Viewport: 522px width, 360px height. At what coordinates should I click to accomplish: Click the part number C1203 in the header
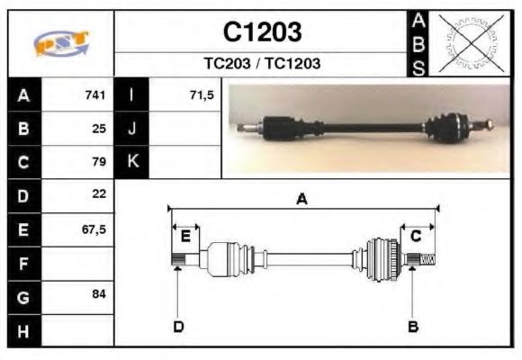(x=262, y=31)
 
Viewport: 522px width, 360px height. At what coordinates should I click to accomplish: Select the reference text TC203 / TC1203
(x=262, y=64)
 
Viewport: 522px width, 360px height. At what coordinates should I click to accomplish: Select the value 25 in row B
(x=99, y=129)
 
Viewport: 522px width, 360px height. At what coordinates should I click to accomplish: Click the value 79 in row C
(x=99, y=162)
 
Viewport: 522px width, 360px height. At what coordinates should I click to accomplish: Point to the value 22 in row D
(x=99, y=194)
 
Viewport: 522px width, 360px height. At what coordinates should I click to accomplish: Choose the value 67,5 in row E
(x=94, y=229)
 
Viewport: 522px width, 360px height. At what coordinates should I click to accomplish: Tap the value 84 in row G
(x=99, y=294)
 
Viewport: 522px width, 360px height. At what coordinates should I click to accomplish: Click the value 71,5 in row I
(x=202, y=95)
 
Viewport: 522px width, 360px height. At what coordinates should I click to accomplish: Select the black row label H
(x=24, y=329)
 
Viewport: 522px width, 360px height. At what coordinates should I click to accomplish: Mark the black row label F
(x=24, y=262)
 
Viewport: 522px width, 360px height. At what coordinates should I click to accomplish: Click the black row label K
(x=132, y=162)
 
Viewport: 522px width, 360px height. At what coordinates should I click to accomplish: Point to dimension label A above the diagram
(x=302, y=200)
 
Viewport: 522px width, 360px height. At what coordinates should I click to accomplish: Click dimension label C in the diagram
(x=416, y=236)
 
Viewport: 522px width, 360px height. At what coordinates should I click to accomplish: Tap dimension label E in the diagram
(x=184, y=236)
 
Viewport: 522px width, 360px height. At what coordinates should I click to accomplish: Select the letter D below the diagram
(x=178, y=326)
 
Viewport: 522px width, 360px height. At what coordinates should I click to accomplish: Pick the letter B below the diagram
(x=413, y=326)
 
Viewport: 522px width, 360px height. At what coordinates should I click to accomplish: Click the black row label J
(x=132, y=129)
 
